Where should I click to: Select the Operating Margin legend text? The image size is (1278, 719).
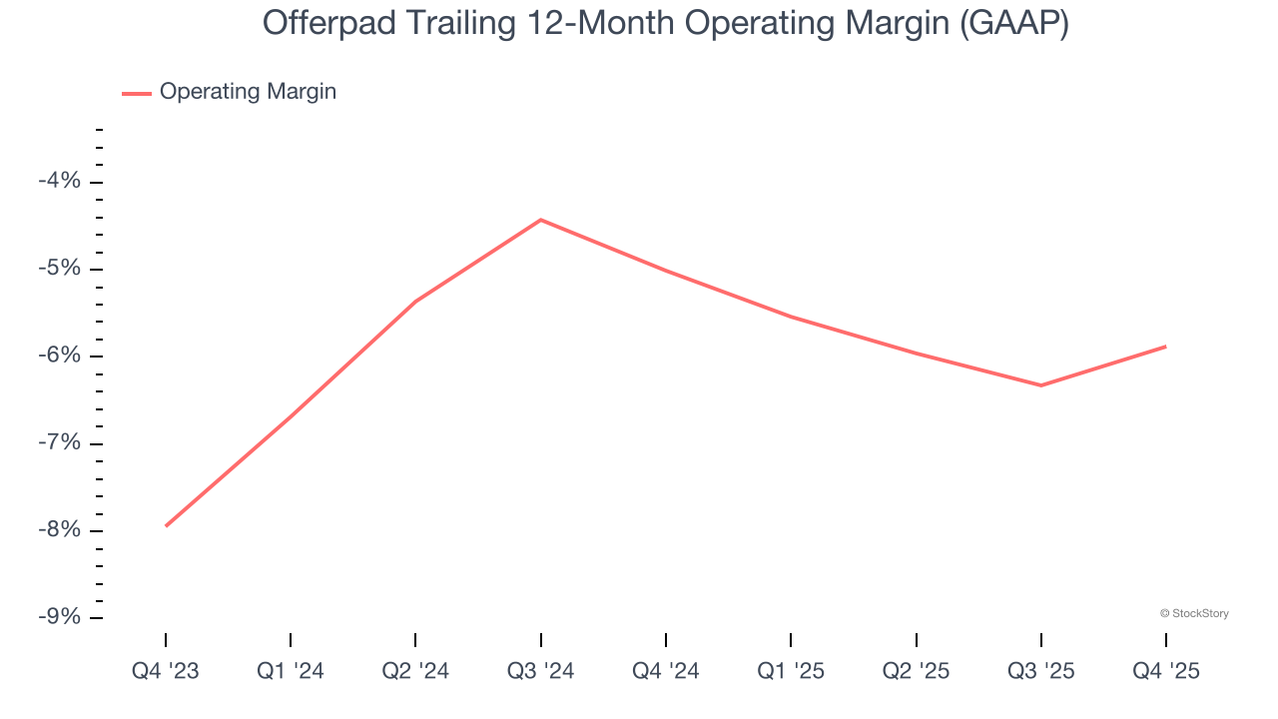click(x=248, y=92)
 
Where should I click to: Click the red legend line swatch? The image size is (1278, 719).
click(x=137, y=93)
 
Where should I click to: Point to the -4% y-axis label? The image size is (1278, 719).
click(x=59, y=182)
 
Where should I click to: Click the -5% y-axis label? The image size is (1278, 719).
click(x=59, y=269)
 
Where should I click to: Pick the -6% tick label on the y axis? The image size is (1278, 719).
click(x=59, y=357)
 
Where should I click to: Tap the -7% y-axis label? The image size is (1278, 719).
click(x=59, y=443)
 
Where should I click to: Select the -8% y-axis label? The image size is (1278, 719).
click(x=59, y=530)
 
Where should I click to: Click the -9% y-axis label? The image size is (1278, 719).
click(x=59, y=617)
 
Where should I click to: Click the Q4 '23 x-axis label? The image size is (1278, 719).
click(x=166, y=672)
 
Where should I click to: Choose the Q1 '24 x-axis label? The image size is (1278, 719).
click(x=291, y=672)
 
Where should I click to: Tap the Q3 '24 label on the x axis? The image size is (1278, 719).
click(x=540, y=672)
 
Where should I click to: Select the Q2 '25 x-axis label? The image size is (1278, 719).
click(x=916, y=672)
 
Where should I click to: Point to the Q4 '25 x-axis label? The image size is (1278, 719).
click(x=1165, y=672)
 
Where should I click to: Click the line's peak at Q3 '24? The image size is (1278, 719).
click(x=540, y=220)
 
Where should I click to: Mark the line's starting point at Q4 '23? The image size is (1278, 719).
click(x=166, y=525)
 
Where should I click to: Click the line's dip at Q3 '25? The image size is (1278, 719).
click(x=1040, y=385)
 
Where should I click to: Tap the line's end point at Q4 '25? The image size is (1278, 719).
click(x=1165, y=347)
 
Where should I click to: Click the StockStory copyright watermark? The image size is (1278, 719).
click(x=1194, y=613)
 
